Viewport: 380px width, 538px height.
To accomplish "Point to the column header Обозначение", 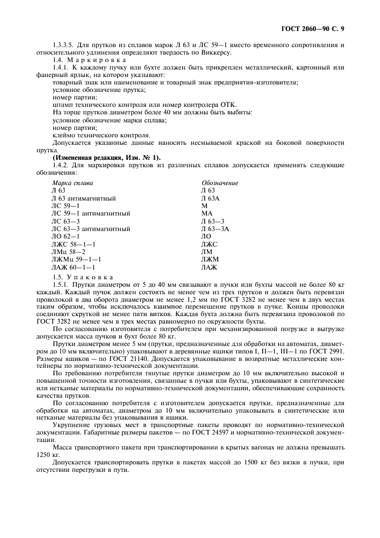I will click(x=219, y=183).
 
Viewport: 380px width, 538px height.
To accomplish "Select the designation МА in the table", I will click(x=206, y=213).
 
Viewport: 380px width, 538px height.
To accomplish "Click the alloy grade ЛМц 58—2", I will click(x=68, y=252).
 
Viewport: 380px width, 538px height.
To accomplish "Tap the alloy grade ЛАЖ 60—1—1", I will click(x=73, y=267).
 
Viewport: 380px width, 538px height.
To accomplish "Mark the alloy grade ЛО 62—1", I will click(x=66, y=236).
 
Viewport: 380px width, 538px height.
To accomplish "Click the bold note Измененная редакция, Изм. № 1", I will click(x=106, y=157).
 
